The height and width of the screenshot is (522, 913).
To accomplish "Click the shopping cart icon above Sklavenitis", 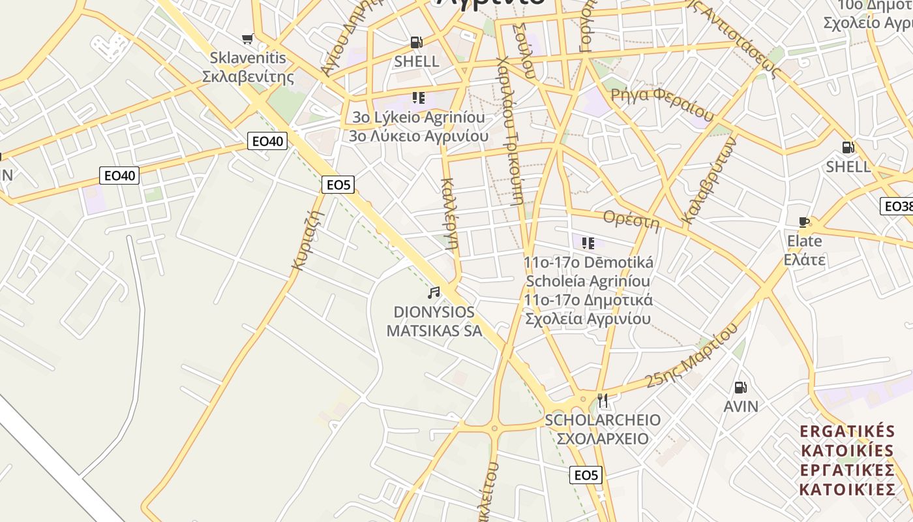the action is click(247, 39).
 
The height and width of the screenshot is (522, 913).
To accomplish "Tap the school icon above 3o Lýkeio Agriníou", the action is click(418, 99).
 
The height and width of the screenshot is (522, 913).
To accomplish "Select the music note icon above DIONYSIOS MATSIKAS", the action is click(434, 293).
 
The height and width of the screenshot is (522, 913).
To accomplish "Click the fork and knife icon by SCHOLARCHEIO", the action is click(603, 399).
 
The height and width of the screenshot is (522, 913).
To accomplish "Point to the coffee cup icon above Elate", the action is click(804, 223).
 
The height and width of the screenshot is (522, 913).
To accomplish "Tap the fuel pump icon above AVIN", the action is click(740, 388).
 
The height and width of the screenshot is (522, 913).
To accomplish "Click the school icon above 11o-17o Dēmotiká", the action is click(588, 243).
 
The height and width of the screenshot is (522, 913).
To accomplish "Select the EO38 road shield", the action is click(897, 206).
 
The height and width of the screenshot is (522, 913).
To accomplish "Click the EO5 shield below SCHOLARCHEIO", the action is click(585, 475).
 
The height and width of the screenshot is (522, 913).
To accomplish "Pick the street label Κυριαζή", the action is click(308, 239).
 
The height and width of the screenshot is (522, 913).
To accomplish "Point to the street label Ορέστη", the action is click(631, 219).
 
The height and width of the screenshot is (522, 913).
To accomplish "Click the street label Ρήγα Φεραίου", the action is click(662, 102).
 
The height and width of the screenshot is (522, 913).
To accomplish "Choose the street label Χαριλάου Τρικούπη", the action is click(511, 130).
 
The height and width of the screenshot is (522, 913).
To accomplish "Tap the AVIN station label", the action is click(741, 407).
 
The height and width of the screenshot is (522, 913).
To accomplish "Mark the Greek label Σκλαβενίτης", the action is click(248, 77).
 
